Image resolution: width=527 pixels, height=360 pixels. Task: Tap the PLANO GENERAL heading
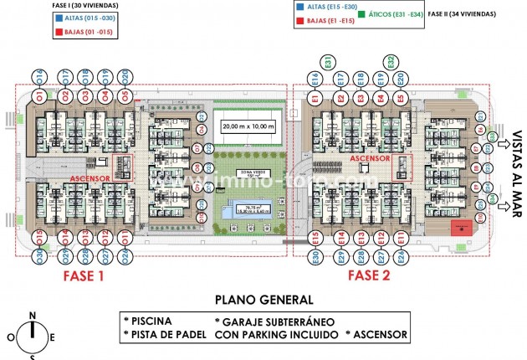tap(264, 300)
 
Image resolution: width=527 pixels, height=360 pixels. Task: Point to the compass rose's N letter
tap(32, 316)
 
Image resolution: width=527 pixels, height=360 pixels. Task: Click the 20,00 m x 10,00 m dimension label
tap(248, 126)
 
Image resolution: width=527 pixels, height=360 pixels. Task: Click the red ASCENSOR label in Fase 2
tap(370, 157)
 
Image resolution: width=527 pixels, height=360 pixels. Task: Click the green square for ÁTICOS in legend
tap(361, 14)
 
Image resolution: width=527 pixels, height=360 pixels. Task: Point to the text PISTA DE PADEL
tap(164, 334)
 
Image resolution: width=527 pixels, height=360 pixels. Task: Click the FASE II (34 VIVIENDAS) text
tap(461, 14)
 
